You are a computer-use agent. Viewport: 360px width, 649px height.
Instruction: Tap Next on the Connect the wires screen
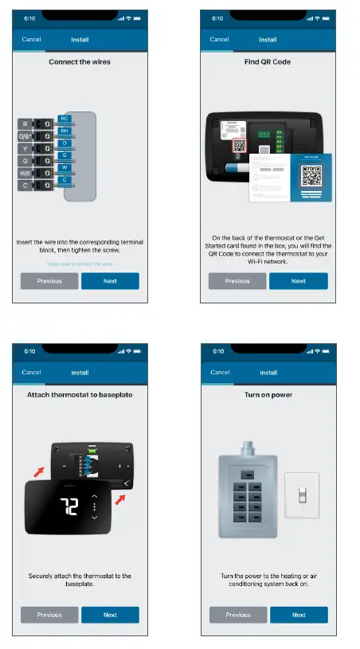point(110,281)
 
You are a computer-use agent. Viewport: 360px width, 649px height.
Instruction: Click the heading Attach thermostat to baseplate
point(80,394)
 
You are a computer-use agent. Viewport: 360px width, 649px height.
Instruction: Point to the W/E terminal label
point(25,173)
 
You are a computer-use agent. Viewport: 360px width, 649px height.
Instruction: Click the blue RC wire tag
point(65,119)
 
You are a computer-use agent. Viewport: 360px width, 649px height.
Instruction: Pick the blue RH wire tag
point(65,131)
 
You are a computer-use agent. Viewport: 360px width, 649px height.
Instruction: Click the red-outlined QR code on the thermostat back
point(240,147)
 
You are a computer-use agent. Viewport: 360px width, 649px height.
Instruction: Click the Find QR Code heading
point(268,61)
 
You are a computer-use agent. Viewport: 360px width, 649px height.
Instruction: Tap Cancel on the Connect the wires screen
point(31,39)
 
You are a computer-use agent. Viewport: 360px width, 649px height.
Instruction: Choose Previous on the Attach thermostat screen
point(49,615)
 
